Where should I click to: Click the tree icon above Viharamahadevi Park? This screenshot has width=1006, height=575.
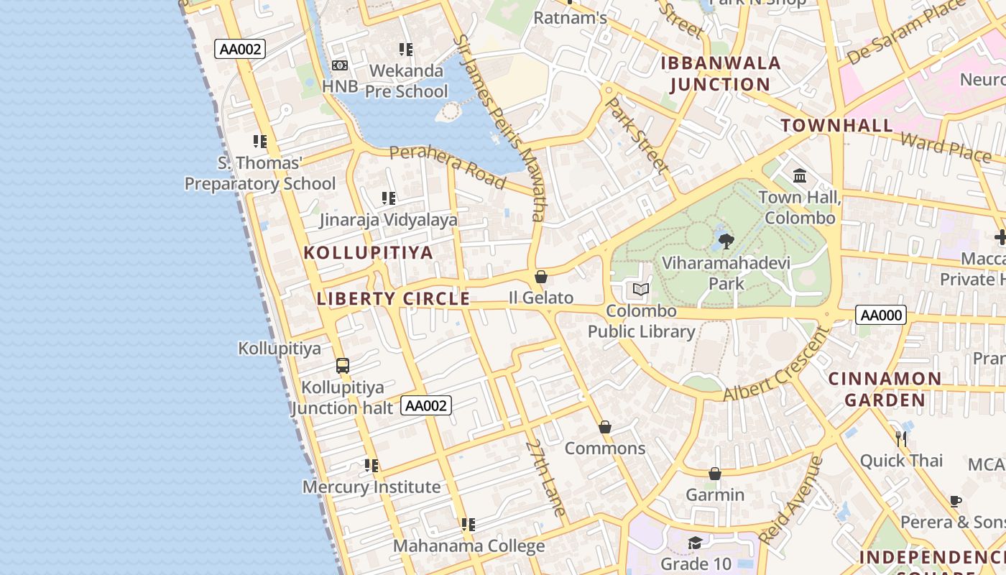[726, 241]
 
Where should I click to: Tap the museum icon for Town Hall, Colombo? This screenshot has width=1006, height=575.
[800, 175]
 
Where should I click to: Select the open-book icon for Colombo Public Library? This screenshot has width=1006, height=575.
[641, 290]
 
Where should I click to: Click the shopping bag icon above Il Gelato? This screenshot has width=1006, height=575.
[541, 277]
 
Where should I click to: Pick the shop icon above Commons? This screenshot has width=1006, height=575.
[605, 427]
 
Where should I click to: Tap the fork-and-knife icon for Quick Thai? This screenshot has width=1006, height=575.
[901, 438]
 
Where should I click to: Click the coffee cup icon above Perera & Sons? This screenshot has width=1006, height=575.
[956, 501]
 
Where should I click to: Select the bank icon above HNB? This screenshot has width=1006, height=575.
[340, 65]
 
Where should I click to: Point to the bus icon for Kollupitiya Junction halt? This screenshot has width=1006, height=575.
[343, 366]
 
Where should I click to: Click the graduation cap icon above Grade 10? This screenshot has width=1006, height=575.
[695, 543]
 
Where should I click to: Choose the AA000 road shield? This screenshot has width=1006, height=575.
[881, 315]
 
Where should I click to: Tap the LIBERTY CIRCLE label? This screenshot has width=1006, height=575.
[393, 299]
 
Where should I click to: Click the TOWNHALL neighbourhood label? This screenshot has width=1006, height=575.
[837, 125]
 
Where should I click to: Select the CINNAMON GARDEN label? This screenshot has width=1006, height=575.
[885, 389]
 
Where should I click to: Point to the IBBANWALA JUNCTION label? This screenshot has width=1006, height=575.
[721, 73]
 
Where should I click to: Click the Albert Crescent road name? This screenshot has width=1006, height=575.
[777, 365]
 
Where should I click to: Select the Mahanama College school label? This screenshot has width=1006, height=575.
[469, 546]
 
